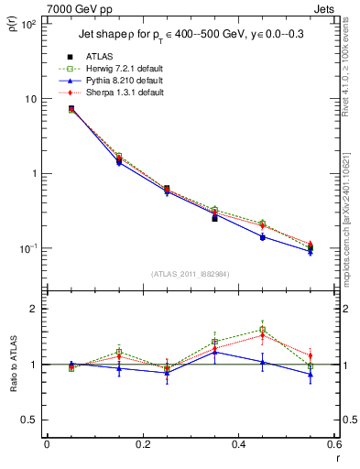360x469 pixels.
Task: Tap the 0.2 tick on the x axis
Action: (142, 444)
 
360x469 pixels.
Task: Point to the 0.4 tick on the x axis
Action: (238, 444)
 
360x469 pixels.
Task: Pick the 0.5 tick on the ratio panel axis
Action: (30, 420)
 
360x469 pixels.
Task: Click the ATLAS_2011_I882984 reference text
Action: (190, 274)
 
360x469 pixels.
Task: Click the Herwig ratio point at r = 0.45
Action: (262, 330)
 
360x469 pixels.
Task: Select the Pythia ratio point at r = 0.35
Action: (214, 352)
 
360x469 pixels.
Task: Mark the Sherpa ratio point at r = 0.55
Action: (311, 355)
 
